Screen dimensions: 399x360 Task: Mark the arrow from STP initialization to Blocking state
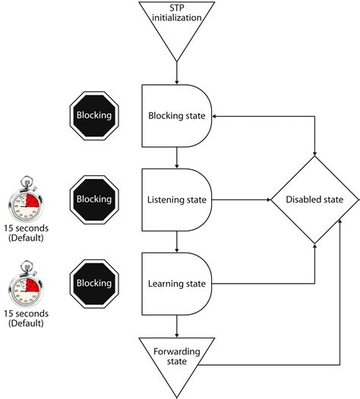point(176,72)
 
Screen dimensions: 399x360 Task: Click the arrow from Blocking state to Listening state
point(176,158)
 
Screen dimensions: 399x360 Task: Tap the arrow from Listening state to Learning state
point(176,242)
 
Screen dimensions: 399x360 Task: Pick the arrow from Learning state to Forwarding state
point(176,326)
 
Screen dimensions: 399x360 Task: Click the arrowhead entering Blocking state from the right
point(216,116)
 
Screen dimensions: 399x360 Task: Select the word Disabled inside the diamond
point(302,200)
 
